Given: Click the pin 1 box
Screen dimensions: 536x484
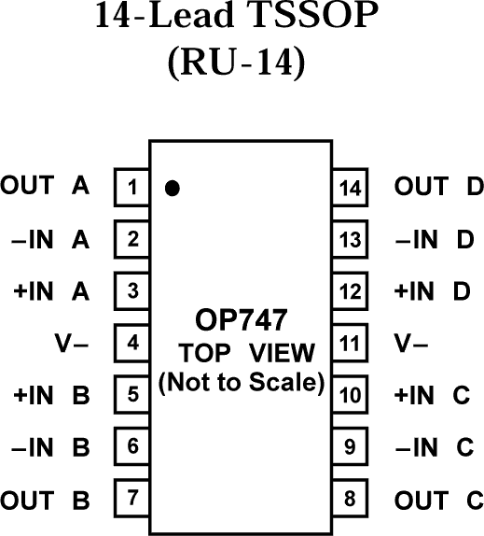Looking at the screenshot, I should [x=132, y=187].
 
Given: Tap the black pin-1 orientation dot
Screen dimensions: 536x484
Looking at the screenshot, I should [x=172, y=188].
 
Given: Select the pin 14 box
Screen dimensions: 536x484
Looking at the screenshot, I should [x=351, y=187].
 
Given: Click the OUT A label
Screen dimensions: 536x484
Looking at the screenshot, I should [x=46, y=186].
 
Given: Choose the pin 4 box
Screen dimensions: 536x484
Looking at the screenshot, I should [x=132, y=343].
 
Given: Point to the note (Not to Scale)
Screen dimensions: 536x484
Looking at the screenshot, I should [x=242, y=382].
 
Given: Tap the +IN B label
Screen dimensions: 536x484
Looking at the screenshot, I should [x=50, y=395].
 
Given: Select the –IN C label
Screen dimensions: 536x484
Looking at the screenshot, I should [x=435, y=447].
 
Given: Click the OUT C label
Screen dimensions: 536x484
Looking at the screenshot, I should [x=437, y=499].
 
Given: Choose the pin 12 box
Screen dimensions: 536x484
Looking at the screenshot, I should [x=351, y=291].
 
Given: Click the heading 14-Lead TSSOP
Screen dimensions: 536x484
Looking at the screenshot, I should [x=242, y=20].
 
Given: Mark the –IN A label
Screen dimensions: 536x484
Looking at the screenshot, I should [x=51, y=239].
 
